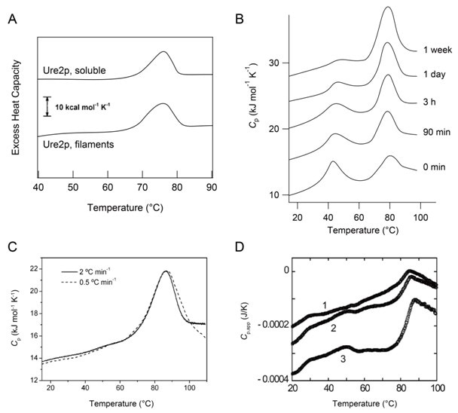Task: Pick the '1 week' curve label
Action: [x=431, y=50]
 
